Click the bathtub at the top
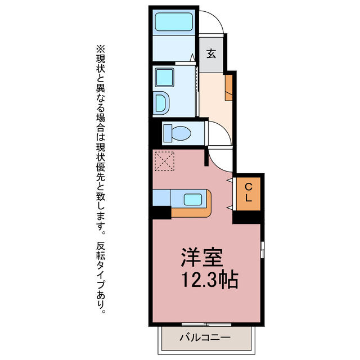point(174,23)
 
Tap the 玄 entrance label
point(211,54)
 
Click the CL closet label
point(248,193)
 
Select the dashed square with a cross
point(164,161)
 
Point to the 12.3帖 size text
point(209,280)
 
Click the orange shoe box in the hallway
point(228,87)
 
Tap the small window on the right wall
point(262,248)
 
